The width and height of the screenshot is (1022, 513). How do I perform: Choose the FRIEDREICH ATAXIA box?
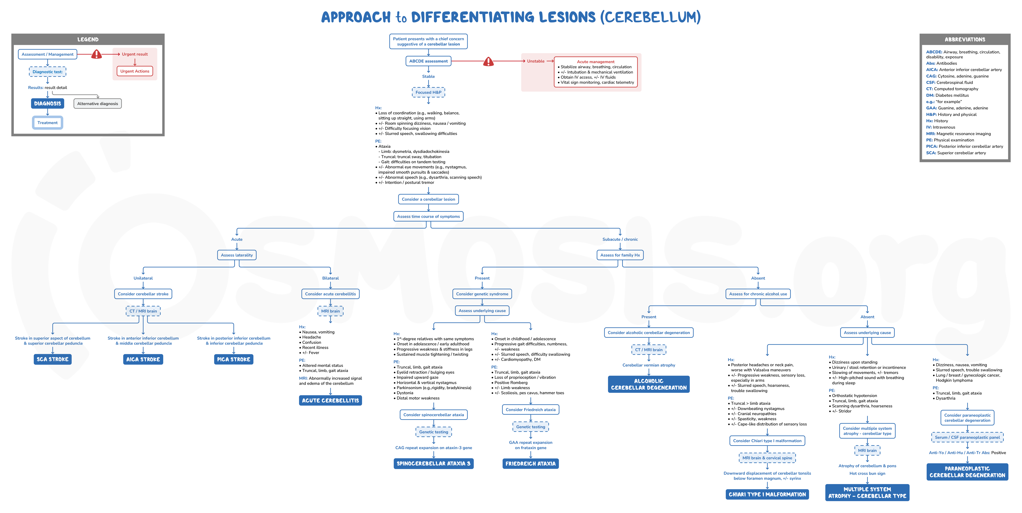click(x=531, y=463)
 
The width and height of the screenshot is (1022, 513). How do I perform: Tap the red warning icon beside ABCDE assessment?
click(x=488, y=61)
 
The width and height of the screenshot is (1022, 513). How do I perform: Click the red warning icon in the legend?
click(x=96, y=54)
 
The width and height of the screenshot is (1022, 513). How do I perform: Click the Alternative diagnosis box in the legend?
click(x=98, y=103)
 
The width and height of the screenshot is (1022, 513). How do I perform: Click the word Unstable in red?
click(x=536, y=61)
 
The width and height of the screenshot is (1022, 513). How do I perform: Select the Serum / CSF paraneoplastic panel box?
click(x=967, y=437)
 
